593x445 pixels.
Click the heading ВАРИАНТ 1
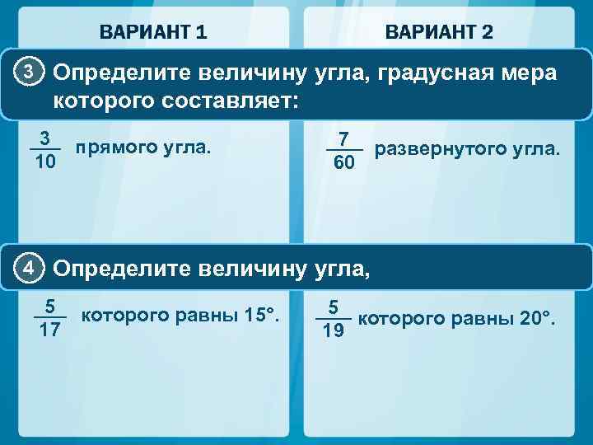tap(153, 32)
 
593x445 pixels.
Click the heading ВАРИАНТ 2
tap(439, 32)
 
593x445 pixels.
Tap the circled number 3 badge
tap(28, 73)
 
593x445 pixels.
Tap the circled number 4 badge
tap(28, 267)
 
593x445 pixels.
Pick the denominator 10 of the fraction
tap(45, 162)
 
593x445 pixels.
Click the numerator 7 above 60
tap(344, 138)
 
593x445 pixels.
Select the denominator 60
tap(344, 163)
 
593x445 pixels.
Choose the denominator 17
tap(50, 331)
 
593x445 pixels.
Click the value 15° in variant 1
tap(264, 315)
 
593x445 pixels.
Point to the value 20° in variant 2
tap(539, 318)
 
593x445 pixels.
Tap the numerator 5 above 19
tap(334, 307)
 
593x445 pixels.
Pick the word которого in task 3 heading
tap(105, 101)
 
